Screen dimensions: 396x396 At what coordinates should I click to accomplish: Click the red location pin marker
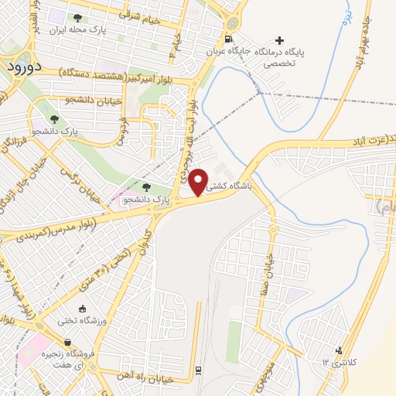tap(199, 182)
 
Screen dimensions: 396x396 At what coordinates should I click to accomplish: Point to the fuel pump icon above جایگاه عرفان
tap(227, 39)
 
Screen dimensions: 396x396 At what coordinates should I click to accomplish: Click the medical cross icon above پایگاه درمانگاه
tap(279, 39)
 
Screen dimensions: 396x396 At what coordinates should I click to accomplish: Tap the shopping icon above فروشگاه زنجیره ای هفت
tap(68, 343)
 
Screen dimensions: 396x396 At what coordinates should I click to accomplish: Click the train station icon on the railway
tap(198, 370)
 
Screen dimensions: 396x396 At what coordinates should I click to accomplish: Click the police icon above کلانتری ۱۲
tap(338, 350)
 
